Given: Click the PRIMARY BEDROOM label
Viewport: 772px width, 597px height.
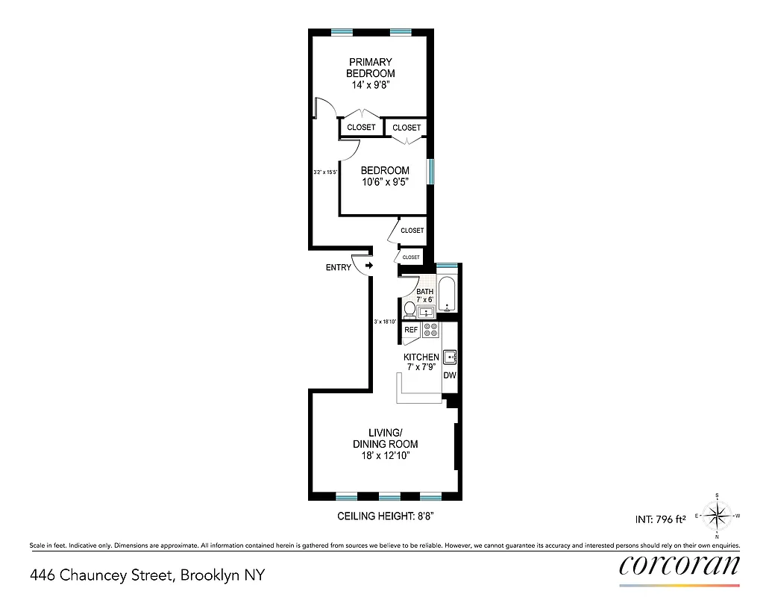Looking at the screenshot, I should point(370,68).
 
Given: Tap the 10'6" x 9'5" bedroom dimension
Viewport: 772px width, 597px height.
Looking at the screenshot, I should point(385,182).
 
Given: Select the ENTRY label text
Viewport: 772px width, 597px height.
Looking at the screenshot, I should point(338,268).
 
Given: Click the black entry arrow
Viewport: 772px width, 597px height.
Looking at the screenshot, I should point(368,266).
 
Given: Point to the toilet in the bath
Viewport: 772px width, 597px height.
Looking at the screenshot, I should point(409,309).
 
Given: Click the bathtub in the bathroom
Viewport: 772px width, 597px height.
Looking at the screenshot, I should point(448,296).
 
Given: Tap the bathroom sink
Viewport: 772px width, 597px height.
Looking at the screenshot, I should point(427,313).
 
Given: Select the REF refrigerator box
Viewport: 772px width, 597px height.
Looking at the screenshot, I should point(410,329).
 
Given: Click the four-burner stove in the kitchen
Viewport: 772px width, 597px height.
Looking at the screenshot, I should point(431,330).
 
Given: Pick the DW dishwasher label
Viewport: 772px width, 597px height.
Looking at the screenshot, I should point(449,375).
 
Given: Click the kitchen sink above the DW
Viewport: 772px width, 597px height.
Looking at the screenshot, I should point(450,357).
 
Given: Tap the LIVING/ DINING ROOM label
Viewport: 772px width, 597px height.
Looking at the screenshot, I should point(385,438).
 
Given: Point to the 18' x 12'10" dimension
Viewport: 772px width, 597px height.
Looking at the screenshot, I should point(385,454).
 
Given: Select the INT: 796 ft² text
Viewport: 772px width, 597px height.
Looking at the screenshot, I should point(659,516).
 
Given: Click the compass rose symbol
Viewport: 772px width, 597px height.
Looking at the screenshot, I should point(717,516).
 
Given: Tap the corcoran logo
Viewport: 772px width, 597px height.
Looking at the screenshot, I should point(680,564).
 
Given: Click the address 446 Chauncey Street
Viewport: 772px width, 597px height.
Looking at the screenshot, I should point(147,575).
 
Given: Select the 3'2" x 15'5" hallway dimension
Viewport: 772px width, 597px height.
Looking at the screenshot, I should point(326,172).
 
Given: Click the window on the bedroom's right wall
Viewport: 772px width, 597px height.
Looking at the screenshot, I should point(430,171).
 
